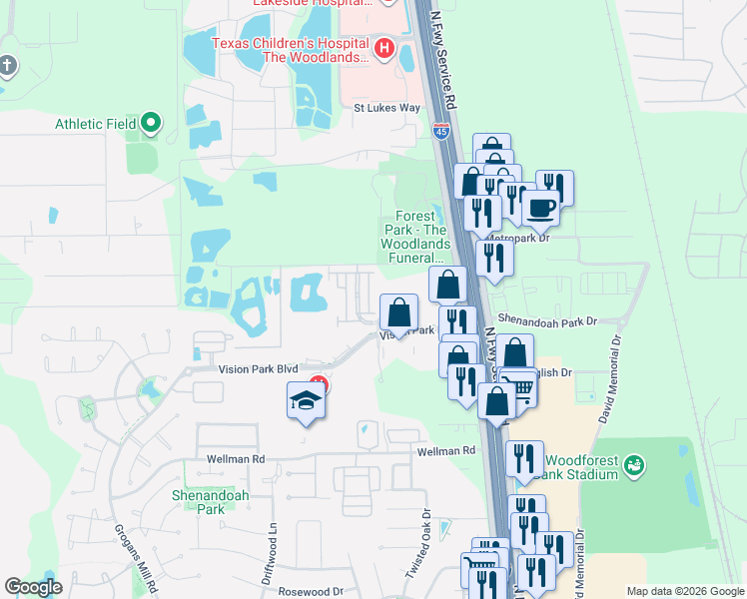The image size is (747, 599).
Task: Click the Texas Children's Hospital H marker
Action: pos(382,48)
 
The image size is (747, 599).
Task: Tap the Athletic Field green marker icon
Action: pos(151,124)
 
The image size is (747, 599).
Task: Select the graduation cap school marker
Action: pos(307,401)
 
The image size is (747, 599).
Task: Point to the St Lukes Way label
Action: pos(387,107)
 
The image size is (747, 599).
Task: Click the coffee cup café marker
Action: pos(541,208)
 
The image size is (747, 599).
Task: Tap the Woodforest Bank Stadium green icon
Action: pos(633,464)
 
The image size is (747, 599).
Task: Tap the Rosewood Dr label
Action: pos(311,591)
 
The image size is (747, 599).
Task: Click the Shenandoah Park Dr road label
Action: pos(546,320)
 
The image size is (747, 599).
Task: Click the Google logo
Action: pos(33,587)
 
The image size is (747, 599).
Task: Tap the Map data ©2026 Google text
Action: pos(684,591)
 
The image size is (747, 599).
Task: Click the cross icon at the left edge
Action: pos(7,67)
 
